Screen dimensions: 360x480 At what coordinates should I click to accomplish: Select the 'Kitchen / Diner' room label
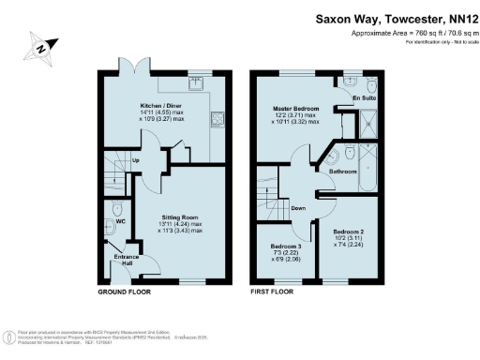coord(160,107)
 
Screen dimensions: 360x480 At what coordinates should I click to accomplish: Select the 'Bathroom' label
coord(342,172)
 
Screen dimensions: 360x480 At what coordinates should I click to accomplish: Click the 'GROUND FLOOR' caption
coord(126,292)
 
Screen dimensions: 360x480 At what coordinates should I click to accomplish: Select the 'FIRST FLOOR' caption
coord(272,292)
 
